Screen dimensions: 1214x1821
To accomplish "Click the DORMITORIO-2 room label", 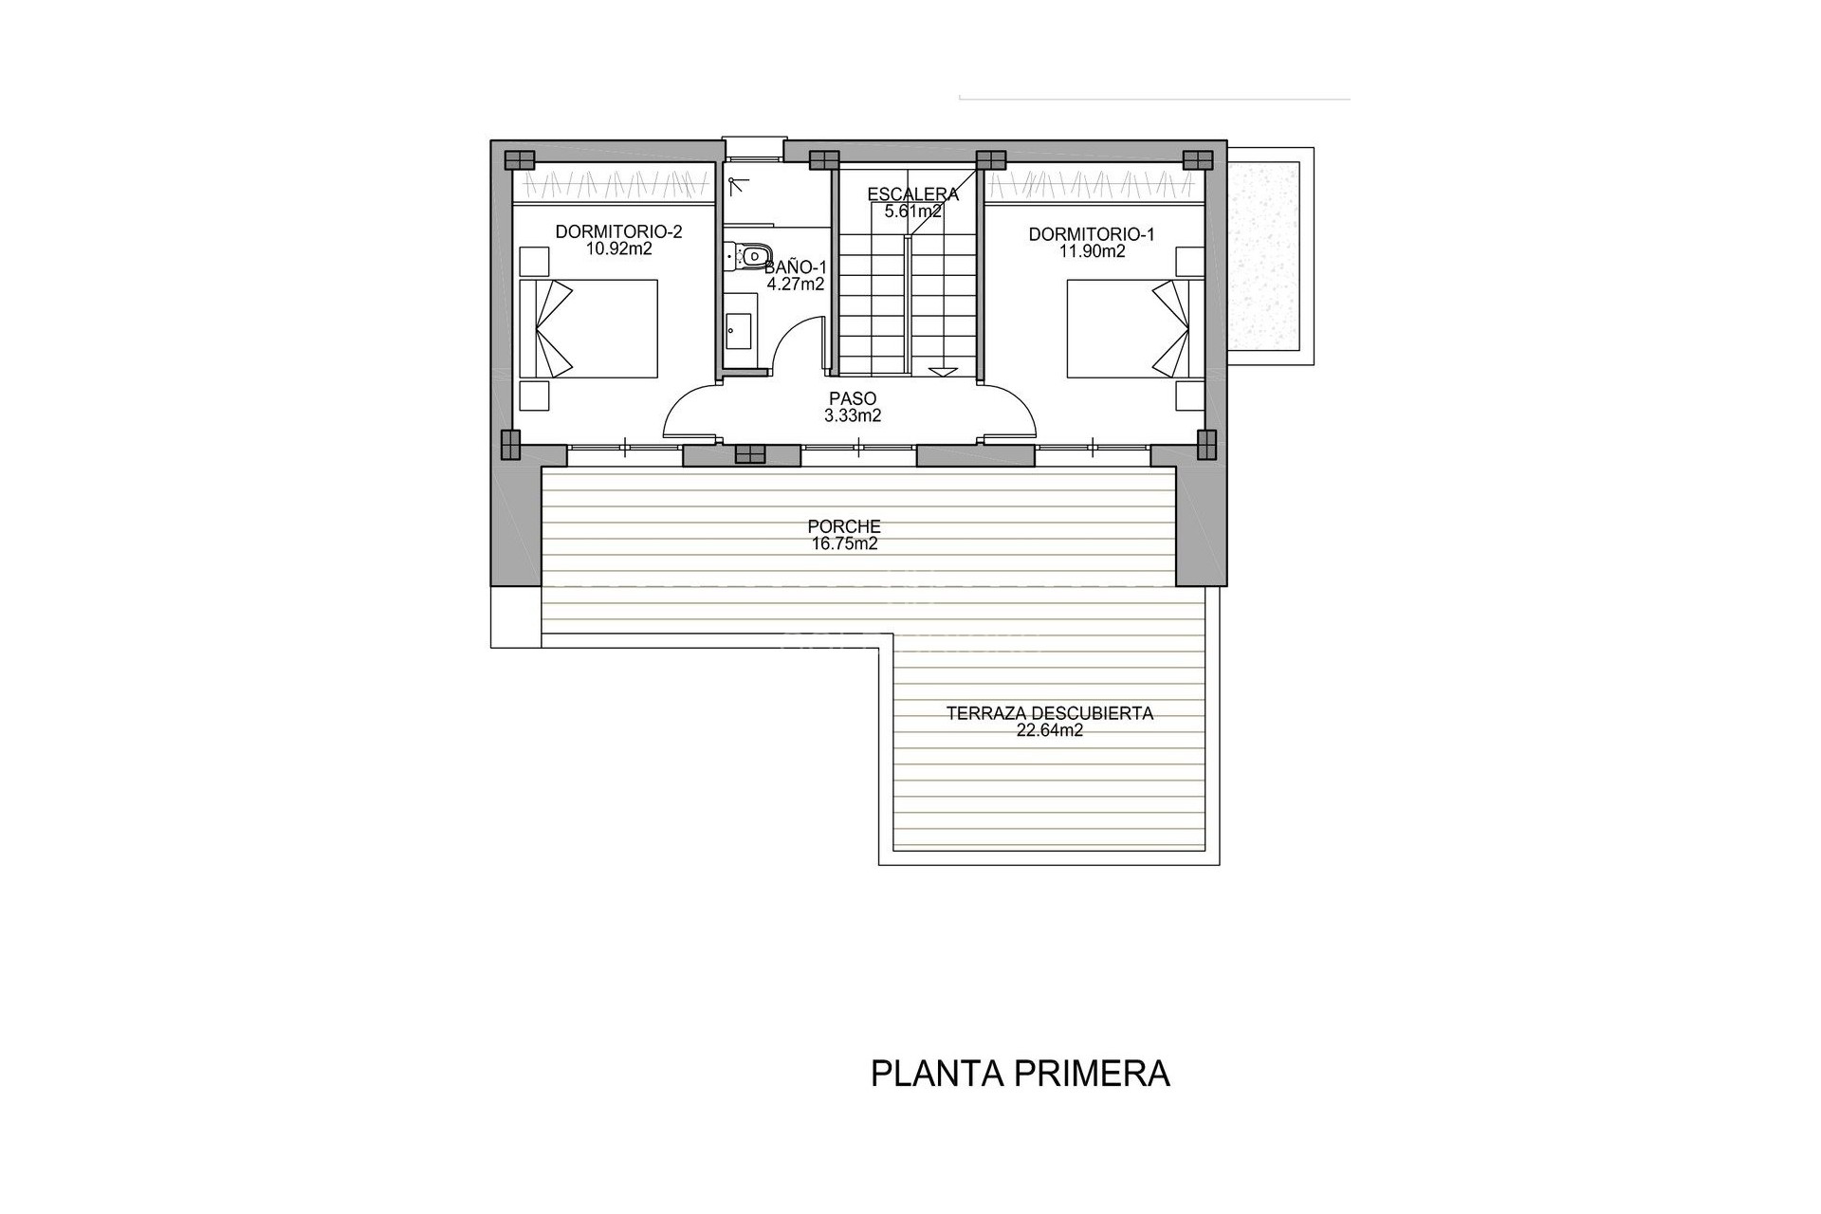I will pos(618,231).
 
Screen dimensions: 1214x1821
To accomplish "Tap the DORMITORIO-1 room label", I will pos(1092,233).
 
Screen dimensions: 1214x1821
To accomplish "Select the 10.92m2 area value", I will pos(618,249).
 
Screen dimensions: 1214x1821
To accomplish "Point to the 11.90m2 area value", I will pos(1092,251).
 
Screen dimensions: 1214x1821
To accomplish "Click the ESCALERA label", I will pos(912,194).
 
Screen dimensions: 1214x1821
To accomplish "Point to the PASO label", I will pos(853,399).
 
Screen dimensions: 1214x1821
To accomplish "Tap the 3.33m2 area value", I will pos(853,415).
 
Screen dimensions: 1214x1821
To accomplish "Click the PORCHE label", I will pos(844,526).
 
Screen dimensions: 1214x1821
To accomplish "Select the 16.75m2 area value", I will pos(844,543).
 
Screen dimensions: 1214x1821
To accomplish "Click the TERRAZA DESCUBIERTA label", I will pos(1049,713).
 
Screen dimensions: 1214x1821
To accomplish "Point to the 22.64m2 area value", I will pos(1049,730).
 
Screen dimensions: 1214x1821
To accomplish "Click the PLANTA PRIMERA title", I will pos(1020,1075).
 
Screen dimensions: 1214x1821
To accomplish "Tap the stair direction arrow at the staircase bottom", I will pos(944,372).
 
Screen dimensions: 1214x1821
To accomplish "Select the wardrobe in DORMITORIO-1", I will pos(1095,182).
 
